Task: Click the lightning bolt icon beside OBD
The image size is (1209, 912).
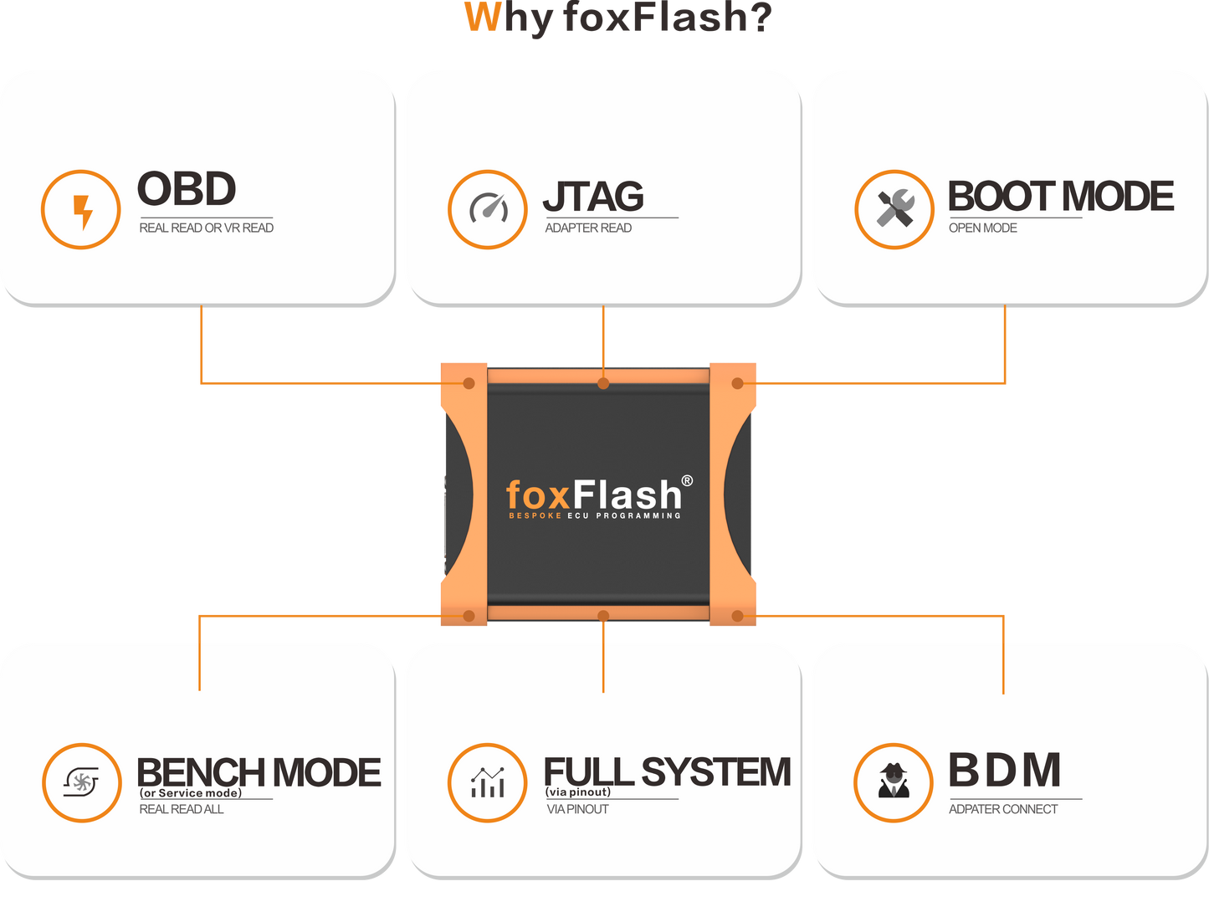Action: point(81,210)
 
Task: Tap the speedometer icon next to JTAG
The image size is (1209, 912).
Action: point(488,209)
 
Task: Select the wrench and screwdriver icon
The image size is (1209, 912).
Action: point(894,209)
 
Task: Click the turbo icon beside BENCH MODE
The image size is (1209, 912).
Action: point(81,782)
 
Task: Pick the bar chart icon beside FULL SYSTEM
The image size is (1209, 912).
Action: point(488,782)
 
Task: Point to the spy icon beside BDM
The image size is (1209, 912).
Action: point(894,782)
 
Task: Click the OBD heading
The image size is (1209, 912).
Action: point(187,189)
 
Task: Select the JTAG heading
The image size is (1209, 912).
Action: point(593,197)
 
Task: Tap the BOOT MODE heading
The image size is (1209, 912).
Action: point(1060,197)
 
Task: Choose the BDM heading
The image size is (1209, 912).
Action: point(1005,771)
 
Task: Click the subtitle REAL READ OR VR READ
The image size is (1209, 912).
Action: point(206,228)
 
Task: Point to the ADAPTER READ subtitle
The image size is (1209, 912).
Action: point(588,228)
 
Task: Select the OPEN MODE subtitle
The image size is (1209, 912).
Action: point(982,228)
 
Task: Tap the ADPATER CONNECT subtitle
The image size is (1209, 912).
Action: point(1002,809)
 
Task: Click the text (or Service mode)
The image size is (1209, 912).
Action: point(191,793)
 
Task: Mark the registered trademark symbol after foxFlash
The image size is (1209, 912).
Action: point(687,480)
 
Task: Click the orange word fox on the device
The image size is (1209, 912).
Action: point(538,495)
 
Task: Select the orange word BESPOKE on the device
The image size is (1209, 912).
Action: point(535,515)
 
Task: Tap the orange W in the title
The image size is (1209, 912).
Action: point(483,18)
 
